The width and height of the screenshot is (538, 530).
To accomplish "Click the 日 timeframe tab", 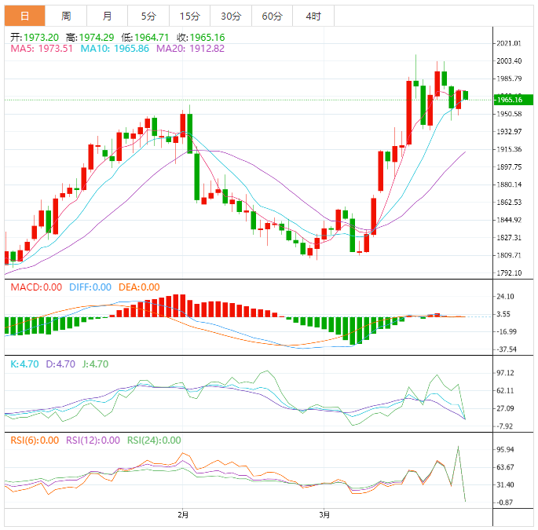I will pyautogui.click(x=25, y=16).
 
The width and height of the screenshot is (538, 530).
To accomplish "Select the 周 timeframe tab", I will pyautogui.click(x=66, y=16).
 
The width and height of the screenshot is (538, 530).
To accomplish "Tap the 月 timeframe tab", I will pyautogui.click(x=107, y=16).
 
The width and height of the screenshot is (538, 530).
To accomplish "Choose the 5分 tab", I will pyautogui.click(x=148, y=16).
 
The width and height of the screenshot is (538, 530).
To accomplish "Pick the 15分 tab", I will pyautogui.click(x=189, y=16).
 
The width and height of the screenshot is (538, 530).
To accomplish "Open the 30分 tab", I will pyautogui.click(x=231, y=16).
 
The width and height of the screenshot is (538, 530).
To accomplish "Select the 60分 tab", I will pyautogui.click(x=272, y=16).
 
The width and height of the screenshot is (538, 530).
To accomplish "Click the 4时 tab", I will pyautogui.click(x=313, y=16).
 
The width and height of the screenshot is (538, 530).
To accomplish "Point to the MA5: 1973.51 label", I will pyautogui.click(x=40, y=49).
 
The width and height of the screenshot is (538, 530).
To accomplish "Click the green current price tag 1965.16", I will pyautogui.click(x=510, y=100).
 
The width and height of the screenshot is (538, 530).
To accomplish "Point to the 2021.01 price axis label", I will pyautogui.click(x=510, y=43).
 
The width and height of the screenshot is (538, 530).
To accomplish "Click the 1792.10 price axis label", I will pyautogui.click(x=510, y=273).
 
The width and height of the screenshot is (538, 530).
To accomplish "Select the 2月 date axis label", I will pyautogui.click(x=183, y=515).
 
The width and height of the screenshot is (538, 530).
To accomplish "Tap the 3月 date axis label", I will pyautogui.click(x=324, y=515).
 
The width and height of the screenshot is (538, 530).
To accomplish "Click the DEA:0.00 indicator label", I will pyautogui.click(x=139, y=287).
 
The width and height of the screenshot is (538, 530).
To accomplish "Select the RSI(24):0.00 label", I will pyautogui.click(x=154, y=440).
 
